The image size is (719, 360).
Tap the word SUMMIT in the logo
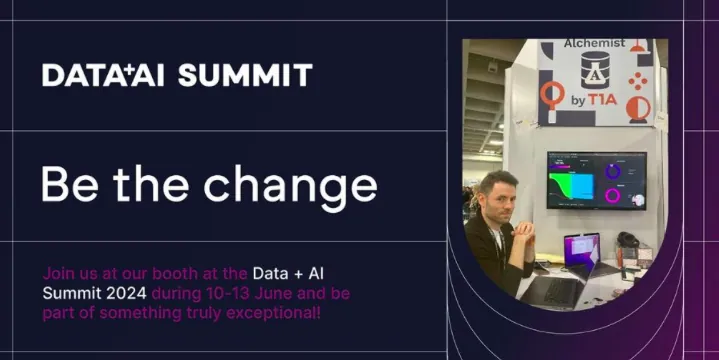(x=245, y=76)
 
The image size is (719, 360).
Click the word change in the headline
(x=291, y=186)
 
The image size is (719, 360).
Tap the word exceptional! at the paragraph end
(x=273, y=314)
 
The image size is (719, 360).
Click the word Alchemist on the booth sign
(x=594, y=43)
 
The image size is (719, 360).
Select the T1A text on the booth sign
(x=603, y=100)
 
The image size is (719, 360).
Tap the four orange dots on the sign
(x=638, y=81)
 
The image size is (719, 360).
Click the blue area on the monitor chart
(x=582, y=186)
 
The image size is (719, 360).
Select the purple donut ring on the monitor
(x=613, y=172)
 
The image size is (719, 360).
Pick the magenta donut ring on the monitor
(x=613, y=196)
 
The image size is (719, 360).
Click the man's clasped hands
(x=523, y=228)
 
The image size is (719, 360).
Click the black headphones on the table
(x=627, y=240)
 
